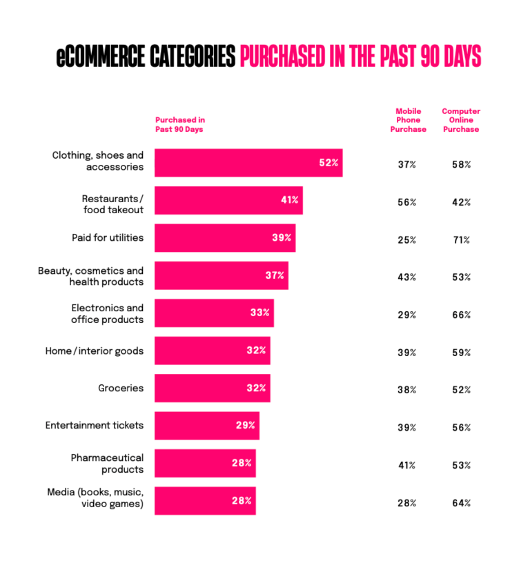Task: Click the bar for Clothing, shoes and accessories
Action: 248,163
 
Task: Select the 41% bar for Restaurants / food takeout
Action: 228,200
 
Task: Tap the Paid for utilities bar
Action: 225,237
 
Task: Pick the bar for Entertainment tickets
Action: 207,425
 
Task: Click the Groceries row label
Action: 121,388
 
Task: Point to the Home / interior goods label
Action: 95,351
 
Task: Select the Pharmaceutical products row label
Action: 107,463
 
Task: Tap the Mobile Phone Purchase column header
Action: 408,120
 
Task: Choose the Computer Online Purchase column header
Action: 461,120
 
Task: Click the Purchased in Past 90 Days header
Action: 180,124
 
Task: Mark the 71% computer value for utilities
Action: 462,240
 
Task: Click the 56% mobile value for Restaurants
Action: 407,203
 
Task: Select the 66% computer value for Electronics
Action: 462,315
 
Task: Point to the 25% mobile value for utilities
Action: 407,240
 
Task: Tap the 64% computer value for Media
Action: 462,503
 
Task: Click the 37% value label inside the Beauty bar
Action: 275,275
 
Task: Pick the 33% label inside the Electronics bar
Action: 259,313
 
